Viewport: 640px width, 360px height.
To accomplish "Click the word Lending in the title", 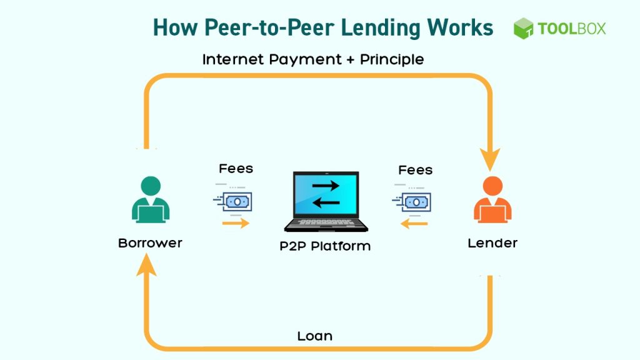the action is tap(381, 29).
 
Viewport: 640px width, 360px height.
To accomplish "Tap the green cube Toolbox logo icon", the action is tap(523, 28).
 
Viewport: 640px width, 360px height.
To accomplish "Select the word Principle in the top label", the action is tap(392, 59).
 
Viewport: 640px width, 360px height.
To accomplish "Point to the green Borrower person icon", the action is tap(151, 199).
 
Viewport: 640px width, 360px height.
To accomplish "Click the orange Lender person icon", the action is tap(492, 199).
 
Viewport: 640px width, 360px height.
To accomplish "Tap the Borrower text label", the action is tap(150, 243).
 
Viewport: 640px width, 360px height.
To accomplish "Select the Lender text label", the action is tap(492, 243).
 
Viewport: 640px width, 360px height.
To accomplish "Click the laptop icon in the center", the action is tap(326, 202).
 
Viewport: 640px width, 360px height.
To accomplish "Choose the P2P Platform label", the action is tap(325, 246).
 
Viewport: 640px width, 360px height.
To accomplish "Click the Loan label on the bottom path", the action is tap(315, 336).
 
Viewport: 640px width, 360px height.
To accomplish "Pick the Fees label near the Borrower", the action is tap(236, 169).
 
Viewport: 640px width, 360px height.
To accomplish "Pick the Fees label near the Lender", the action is tap(416, 170).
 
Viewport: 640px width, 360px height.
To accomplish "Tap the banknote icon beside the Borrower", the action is tap(233, 201).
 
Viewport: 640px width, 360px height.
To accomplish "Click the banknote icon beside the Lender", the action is tap(412, 202).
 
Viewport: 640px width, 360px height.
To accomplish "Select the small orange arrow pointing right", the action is tap(236, 223).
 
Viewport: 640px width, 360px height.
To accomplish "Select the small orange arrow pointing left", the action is tap(414, 224).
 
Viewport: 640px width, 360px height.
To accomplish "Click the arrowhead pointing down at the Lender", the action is tap(490, 159).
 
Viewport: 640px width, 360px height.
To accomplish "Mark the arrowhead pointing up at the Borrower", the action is tap(146, 264).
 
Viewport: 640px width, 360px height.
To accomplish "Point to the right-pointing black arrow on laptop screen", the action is tap(326, 186).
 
